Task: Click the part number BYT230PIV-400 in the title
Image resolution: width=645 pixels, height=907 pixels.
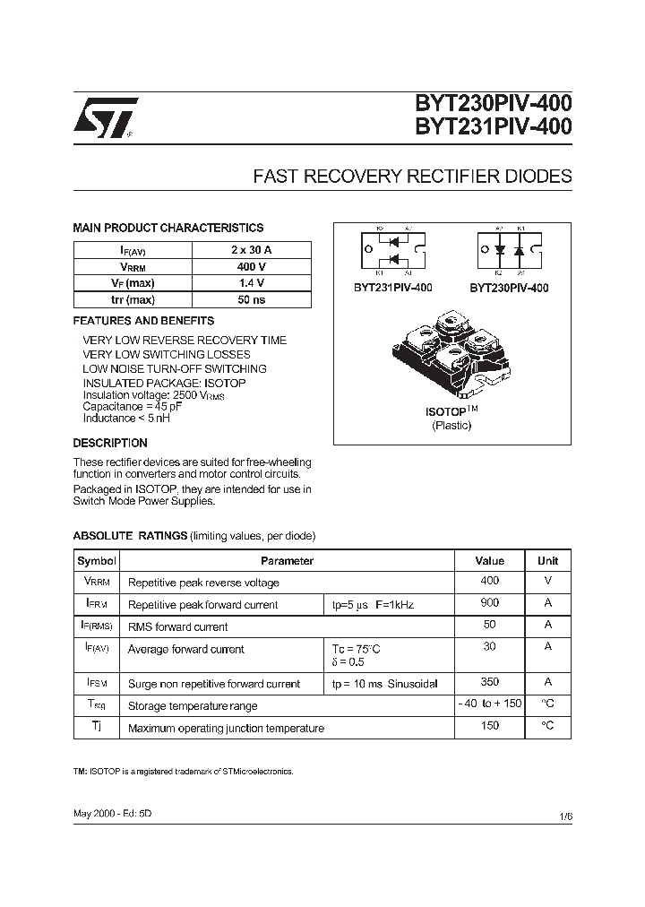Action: pyautogui.click(x=492, y=106)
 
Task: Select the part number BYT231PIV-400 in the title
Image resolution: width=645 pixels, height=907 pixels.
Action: pyautogui.click(x=492, y=129)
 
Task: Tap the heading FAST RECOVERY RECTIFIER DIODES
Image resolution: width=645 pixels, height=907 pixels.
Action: pyautogui.click(x=412, y=177)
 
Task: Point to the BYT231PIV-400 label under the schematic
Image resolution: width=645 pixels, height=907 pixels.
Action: pyautogui.click(x=393, y=288)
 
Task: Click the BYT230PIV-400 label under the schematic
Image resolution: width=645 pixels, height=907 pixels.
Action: pyautogui.click(x=509, y=288)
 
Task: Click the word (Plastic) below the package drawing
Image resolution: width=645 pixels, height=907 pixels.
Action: pyautogui.click(x=451, y=426)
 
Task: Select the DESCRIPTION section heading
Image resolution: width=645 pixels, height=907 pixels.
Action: pyautogui.click(x=110, y=443)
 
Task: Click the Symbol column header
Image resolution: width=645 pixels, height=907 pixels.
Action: pyautogui.click(x=97, y=561)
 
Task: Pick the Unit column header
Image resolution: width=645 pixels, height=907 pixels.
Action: pyautogui.click(x=547, y=561)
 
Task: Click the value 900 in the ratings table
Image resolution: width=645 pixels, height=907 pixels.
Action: pyautogui.click(x=490, y=604)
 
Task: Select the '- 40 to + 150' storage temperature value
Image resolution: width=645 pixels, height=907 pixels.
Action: pyautogui.click(x=490, y=704)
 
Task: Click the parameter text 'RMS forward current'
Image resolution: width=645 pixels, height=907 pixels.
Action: pyautogui.click(x=178, y=627)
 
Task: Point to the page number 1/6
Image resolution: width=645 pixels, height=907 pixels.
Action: pyautogui.click(x=564, y=816)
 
